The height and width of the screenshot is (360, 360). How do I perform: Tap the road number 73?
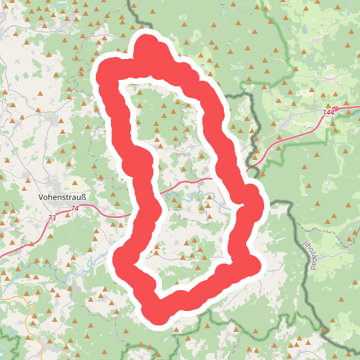(x=51, y=217)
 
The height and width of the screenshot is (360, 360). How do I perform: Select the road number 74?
(x=76, y=209)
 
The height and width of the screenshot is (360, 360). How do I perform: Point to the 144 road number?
(x=329, y=112)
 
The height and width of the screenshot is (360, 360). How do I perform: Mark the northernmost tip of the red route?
(x=148, y=42)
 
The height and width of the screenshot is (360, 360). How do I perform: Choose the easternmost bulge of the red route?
(x=254, y=205)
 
